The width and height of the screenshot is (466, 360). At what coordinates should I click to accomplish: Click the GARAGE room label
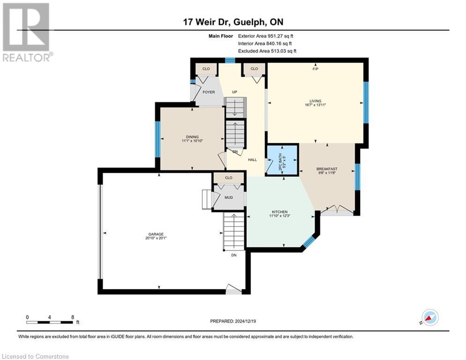pos(156,233)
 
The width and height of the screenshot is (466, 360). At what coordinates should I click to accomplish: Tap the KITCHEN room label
pos(278,211)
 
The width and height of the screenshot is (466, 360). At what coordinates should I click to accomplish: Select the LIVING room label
pos(315,100)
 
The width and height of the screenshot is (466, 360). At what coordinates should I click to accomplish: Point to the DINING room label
pos(192,136)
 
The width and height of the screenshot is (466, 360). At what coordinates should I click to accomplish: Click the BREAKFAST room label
pos(327,169)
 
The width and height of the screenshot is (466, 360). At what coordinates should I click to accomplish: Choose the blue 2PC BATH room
pos(282,160)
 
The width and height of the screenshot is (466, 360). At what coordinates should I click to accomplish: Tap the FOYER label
pos(208,92)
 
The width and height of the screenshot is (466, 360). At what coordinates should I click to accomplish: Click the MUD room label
pos(229,197)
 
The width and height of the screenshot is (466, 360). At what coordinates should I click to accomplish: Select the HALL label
pos(252,160)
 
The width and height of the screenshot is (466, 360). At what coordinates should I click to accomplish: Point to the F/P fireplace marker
pos(316,69)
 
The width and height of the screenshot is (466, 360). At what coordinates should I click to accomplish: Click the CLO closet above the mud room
pos(229,178)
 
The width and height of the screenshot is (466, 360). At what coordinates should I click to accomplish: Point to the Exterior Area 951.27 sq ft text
pos(266,36)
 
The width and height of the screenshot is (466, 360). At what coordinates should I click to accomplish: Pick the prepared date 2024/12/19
pos(234,321)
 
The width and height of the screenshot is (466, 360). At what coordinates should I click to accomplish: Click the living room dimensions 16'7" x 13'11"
pos(315,105)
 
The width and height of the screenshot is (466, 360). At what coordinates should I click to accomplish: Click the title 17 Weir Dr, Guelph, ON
pos(233,22)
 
